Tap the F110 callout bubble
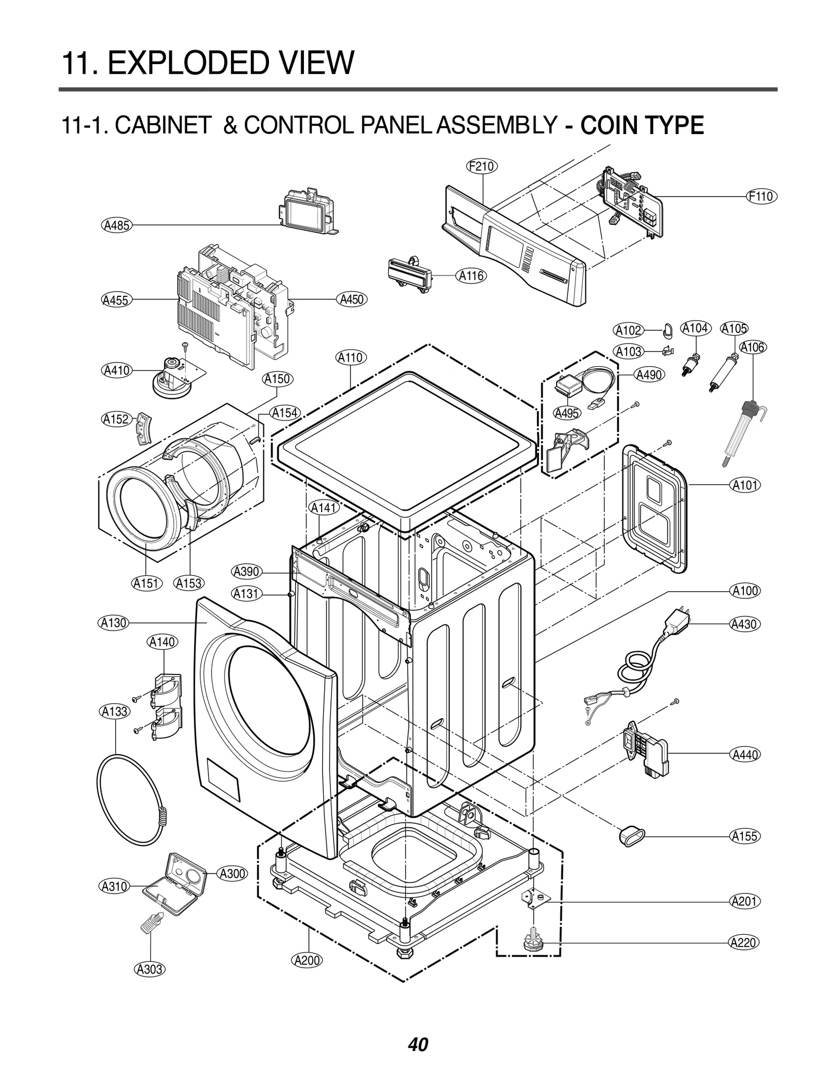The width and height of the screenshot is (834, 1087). [x=761, y=197]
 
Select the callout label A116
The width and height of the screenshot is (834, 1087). [x=471, y=276]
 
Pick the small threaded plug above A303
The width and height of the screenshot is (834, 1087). [x=151, y=924]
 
